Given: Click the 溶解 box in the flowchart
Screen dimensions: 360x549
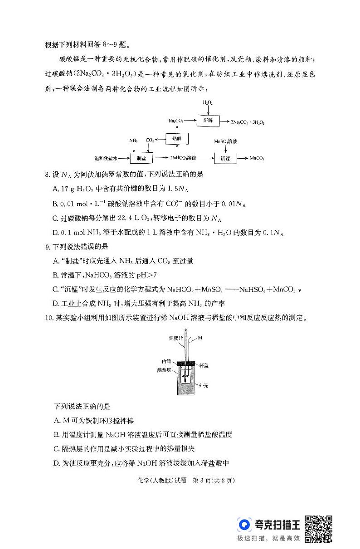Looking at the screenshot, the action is (208, 121).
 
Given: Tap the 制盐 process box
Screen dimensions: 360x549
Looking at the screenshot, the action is (141, 158).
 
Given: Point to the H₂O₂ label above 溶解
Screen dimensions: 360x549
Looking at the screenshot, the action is (208, 103).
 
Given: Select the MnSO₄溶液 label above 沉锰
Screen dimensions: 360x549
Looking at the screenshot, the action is (225, 141).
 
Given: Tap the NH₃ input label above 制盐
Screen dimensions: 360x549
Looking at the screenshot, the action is (133, 141).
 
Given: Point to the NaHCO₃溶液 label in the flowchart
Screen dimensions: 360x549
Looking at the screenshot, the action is (184, 158).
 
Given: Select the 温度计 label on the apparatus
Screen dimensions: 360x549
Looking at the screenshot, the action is (175, 338).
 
